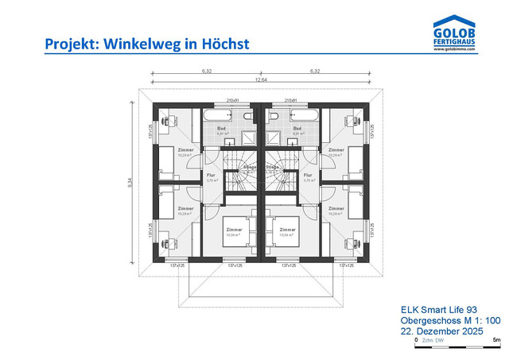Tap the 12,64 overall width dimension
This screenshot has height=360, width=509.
pyautogui.click(x=260, y=79)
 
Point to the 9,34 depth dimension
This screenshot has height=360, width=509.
pyautogui.click(x=130, y=182)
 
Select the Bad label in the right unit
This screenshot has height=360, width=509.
pyautogui.click(x=297, y=128)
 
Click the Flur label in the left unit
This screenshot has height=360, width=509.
pyautogui.click(x=211, y=175)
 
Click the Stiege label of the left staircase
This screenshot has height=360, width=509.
pyautogui.click(x=250, y=168)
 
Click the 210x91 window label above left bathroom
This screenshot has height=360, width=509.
pyautogui.click(x=234, y=100)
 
